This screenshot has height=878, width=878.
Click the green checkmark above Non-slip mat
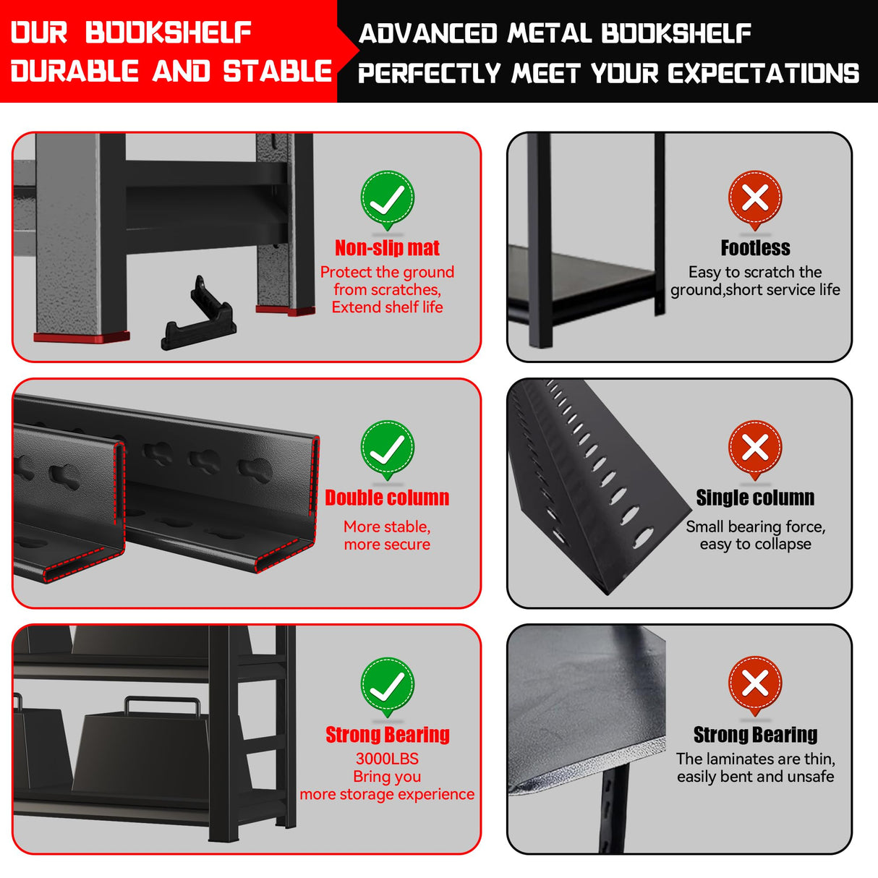387,199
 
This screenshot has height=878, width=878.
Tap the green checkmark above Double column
387,449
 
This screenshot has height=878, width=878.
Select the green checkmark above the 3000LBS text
387,686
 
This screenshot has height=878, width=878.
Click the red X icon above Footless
755,198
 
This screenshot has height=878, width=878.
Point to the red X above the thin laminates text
755,684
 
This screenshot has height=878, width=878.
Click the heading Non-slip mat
387,248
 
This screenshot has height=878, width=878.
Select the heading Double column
387,498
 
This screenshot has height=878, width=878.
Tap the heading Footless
755,248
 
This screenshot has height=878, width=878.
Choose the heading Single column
755,498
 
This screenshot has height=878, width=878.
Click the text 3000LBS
387,759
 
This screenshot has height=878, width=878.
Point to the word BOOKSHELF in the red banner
168,33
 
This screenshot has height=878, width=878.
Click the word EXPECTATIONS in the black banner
763,73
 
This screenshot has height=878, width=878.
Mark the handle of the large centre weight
162,704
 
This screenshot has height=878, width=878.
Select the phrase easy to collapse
755,544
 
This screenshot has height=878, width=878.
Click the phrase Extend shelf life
387,307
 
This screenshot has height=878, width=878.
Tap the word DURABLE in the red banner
74,72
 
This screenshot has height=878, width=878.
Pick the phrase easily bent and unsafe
755,777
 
